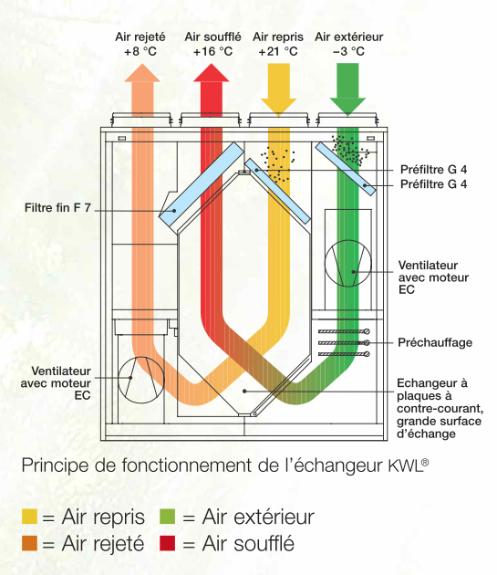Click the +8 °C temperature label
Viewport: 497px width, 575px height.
(x=140, y=51)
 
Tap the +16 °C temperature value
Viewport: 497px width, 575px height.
(x=213, y=51)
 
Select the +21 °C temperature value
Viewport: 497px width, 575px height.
(x=278, y=51)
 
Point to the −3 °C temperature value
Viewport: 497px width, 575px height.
(x=348, y=51)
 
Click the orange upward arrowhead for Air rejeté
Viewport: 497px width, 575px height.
(x=142, y=73)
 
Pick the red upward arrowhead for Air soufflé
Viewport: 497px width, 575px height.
(x=212, y=73)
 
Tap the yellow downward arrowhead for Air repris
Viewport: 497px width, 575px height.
(x=278, y=107)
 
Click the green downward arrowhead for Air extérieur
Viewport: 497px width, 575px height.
(x=347, y=107)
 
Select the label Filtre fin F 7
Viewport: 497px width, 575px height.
(x=57, y=208)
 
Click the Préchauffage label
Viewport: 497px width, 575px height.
(x=435, y=342)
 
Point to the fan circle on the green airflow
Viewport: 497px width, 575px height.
(x=347, y=263)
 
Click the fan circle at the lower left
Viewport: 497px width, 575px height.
(x=141, y=380)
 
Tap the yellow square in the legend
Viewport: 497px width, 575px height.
(x=30, y=517)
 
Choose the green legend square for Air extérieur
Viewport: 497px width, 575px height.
(x=168, y=517)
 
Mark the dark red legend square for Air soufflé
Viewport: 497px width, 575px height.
(x=168, y=543)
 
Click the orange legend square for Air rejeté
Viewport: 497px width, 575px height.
(x=30, y=543)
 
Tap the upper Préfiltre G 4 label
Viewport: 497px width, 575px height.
(x=433, y=170)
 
